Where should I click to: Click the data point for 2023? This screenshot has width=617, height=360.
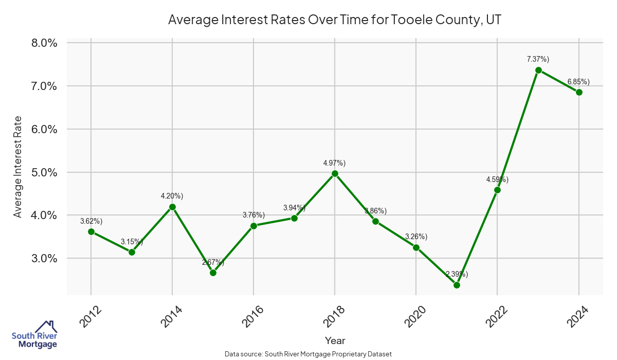[x=538, y=70]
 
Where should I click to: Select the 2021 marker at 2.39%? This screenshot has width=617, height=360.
[x=457, y=285]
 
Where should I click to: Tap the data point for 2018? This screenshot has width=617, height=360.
[x=335, y=173]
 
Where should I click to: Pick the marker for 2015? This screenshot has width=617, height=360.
[x=213, y=273]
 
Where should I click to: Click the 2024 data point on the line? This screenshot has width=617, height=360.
[x=579, y=92]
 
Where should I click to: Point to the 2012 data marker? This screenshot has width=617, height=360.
[x=91, y=231]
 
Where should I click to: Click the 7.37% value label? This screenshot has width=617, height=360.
[x=538, y=59]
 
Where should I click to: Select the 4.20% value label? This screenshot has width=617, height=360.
[x=172, y=196]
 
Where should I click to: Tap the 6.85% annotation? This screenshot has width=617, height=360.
[x=578, y=82]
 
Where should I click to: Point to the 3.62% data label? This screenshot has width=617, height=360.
[x=91, y=221]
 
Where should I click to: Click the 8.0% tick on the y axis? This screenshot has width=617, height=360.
[x=44, y=43]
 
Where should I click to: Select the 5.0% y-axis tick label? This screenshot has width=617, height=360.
[x=44, y=172]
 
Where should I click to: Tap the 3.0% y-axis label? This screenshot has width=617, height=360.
[x=44, y=258]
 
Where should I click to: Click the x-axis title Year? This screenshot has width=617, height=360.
[x=335, y=340]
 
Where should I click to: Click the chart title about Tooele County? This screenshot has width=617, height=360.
[x=335, y=21]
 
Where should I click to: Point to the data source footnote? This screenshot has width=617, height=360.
[x=308, y=354]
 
